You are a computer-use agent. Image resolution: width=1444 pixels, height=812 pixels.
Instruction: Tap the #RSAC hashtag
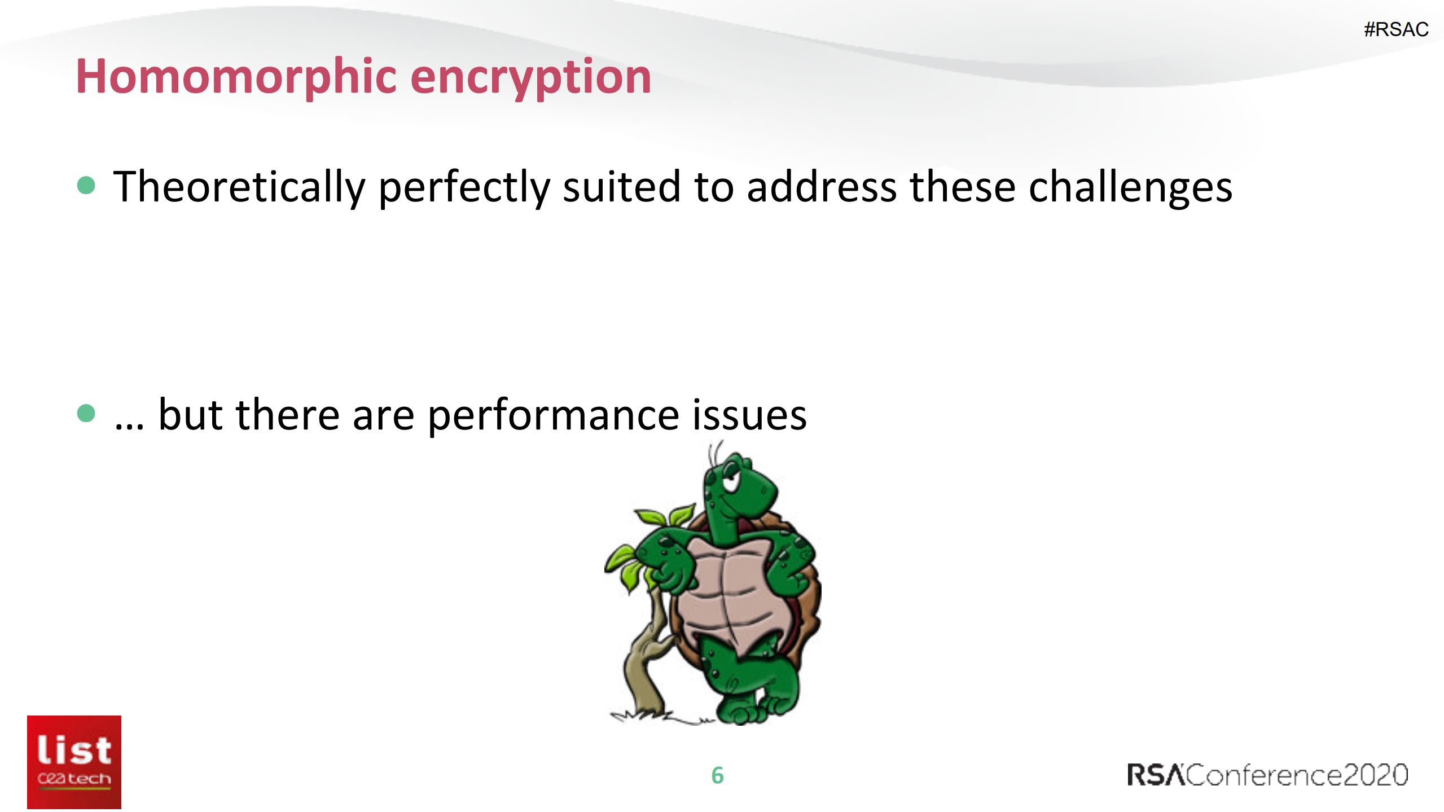pos(1395,29)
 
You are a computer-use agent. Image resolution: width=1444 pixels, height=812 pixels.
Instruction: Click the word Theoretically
pos(239,187)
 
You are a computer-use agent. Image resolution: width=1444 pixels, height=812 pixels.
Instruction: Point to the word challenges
pos(1130,187)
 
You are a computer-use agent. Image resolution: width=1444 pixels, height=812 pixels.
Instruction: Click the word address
pos(821,187)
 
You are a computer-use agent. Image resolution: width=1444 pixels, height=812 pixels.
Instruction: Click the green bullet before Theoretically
pos(86,185)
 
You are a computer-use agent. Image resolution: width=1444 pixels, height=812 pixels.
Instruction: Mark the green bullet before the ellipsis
pos(86,413)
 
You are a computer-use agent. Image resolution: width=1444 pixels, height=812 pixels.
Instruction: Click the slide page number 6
pos(717,775)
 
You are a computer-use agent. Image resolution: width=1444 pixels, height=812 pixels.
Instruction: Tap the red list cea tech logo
pos(74,762)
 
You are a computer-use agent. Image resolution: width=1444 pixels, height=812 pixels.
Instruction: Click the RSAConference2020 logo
pos(1267,775)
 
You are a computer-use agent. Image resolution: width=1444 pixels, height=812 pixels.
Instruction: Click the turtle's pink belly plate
pos(725,598)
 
